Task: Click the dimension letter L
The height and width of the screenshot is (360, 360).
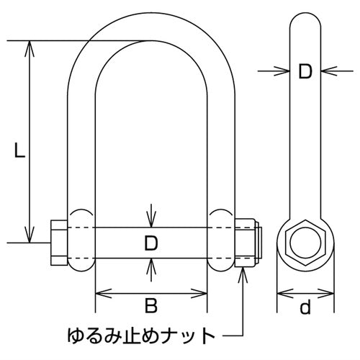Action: coord(19,150)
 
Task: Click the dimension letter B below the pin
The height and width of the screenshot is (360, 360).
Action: coord(150,307)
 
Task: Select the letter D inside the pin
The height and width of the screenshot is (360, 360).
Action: coord(150,243)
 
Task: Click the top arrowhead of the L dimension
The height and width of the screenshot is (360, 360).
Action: coord(29,45)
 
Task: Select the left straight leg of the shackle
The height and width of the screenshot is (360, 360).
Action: coord(83,144)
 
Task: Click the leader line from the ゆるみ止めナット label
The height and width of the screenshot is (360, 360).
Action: coord(234,336)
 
